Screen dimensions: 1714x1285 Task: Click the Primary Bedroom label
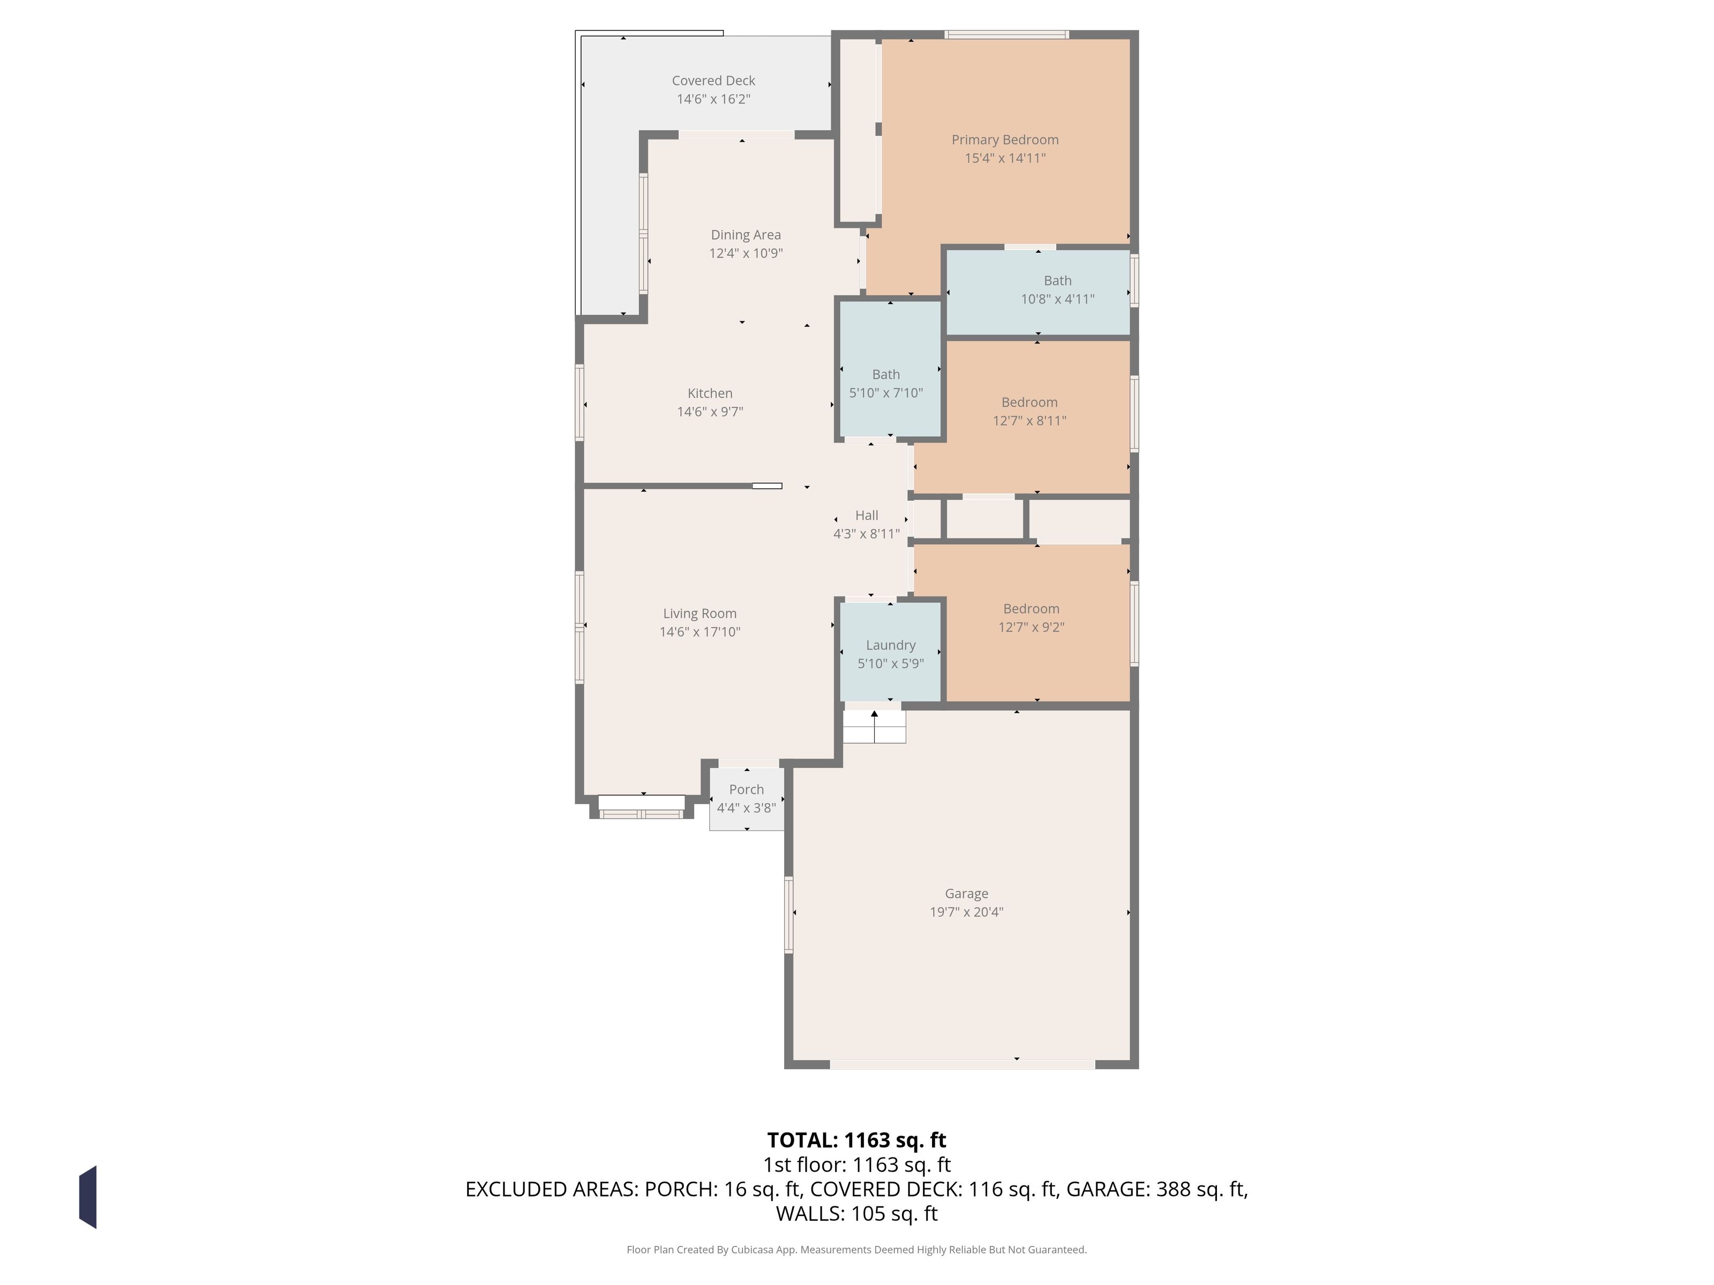click(1005, 139)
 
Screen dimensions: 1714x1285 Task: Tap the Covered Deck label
click(713, 80)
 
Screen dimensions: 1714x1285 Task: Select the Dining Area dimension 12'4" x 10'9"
click(746, 253)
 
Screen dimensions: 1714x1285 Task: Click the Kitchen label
click(710, 394)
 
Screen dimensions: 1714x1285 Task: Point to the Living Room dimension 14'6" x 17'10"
click(700, 632)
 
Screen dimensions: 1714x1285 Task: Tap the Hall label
click(866, 515)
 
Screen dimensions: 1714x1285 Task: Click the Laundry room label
click(890, 645)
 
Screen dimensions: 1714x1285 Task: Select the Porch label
click(746, 789)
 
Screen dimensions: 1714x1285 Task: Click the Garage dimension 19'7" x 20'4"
click(966, 912)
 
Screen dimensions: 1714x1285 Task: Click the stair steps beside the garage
click(874, 727)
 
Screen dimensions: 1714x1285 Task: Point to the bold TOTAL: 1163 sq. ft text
click(856, 1140)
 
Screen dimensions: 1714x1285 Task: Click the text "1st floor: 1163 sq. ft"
click(856, 1165)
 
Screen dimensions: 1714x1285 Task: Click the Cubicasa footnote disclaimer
click(856, 1249)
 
